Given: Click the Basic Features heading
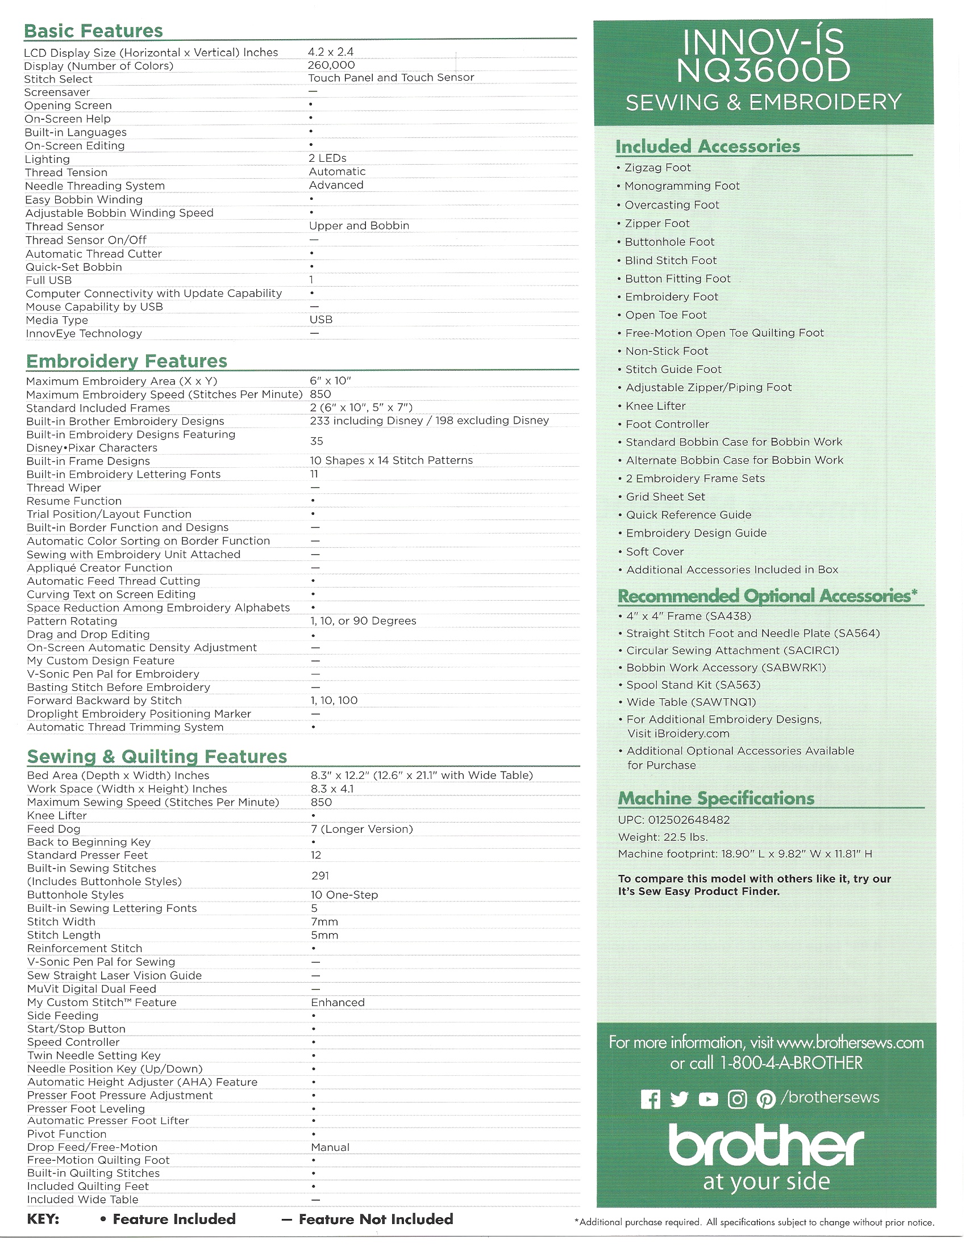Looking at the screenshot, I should click(93, 30).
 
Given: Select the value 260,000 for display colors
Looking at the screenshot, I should click(331, 65).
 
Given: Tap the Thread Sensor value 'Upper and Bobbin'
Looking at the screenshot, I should click(359, 225).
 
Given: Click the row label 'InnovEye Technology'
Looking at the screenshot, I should click(84, 333).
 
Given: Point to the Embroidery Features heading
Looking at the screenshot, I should click(127, 361).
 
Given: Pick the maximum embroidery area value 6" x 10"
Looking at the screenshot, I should click(330, 381).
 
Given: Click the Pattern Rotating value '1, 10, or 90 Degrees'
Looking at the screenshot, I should click(363, 621).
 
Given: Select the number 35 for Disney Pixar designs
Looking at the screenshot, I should click(317, 441).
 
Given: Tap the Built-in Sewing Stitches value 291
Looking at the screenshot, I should click(320, 875).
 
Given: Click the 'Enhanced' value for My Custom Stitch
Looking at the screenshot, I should click(338, 1003).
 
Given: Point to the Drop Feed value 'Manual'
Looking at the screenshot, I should click(330, 1147).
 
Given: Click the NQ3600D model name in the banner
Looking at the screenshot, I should click(763, 70).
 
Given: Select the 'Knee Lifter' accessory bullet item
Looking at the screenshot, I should click(655, 406).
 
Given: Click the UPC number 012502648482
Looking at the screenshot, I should click(689, 819).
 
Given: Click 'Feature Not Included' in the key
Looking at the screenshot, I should click(376, 1219).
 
